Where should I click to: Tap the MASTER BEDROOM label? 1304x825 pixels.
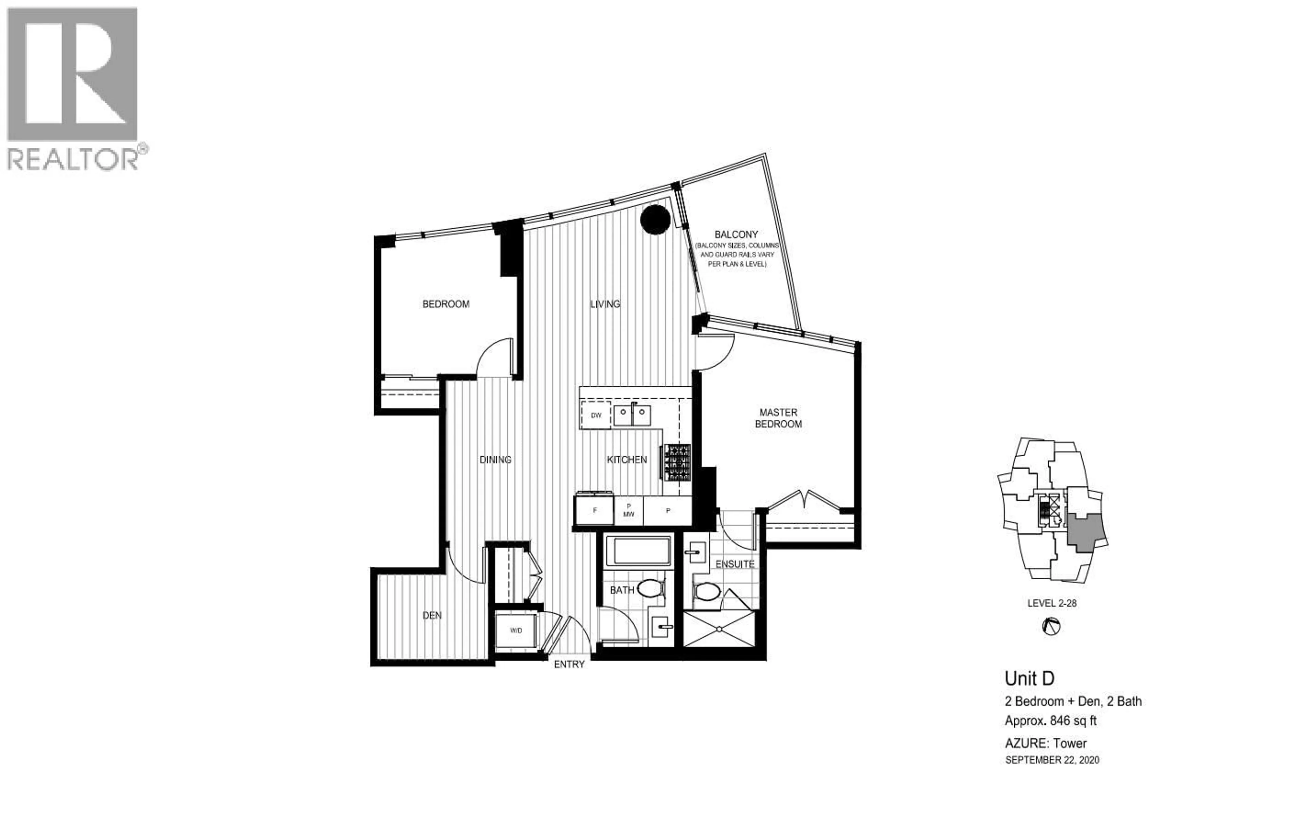pyautogui.click(x=778, y=418)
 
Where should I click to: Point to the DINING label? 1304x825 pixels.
pyautogui.click(x=495, y=459)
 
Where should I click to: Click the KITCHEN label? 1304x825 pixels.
pyautogui.click(x=627, y=459)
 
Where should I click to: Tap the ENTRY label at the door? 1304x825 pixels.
pyautogui.click(x=569, y=664)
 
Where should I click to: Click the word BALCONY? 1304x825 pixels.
pyautogui.click(x=736, y=234)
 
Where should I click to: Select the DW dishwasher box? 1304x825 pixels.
pyautogui.click(x=596, y=416)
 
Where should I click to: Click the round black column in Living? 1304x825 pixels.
pyautogui.click(x=655, y=220)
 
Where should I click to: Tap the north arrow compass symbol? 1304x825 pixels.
pyautogui.click(x=1051, y=627)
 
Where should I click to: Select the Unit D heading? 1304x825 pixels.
pyautogui.click(x=1029, y=678)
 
